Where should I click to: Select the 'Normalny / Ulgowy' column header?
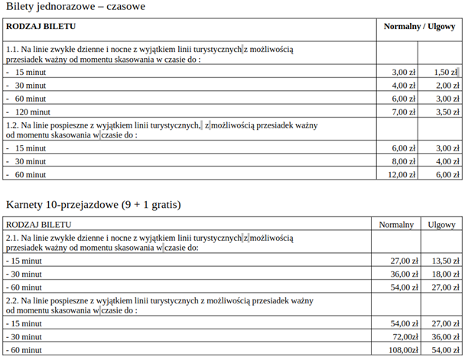click(419, 27)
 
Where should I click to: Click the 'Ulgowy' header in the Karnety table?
click(442, 225)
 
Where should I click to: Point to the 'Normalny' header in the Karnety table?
click(397, 225)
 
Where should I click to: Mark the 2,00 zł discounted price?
click(445, 86)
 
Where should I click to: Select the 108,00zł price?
click(401, 350)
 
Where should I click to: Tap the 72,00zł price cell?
click(402, 337)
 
